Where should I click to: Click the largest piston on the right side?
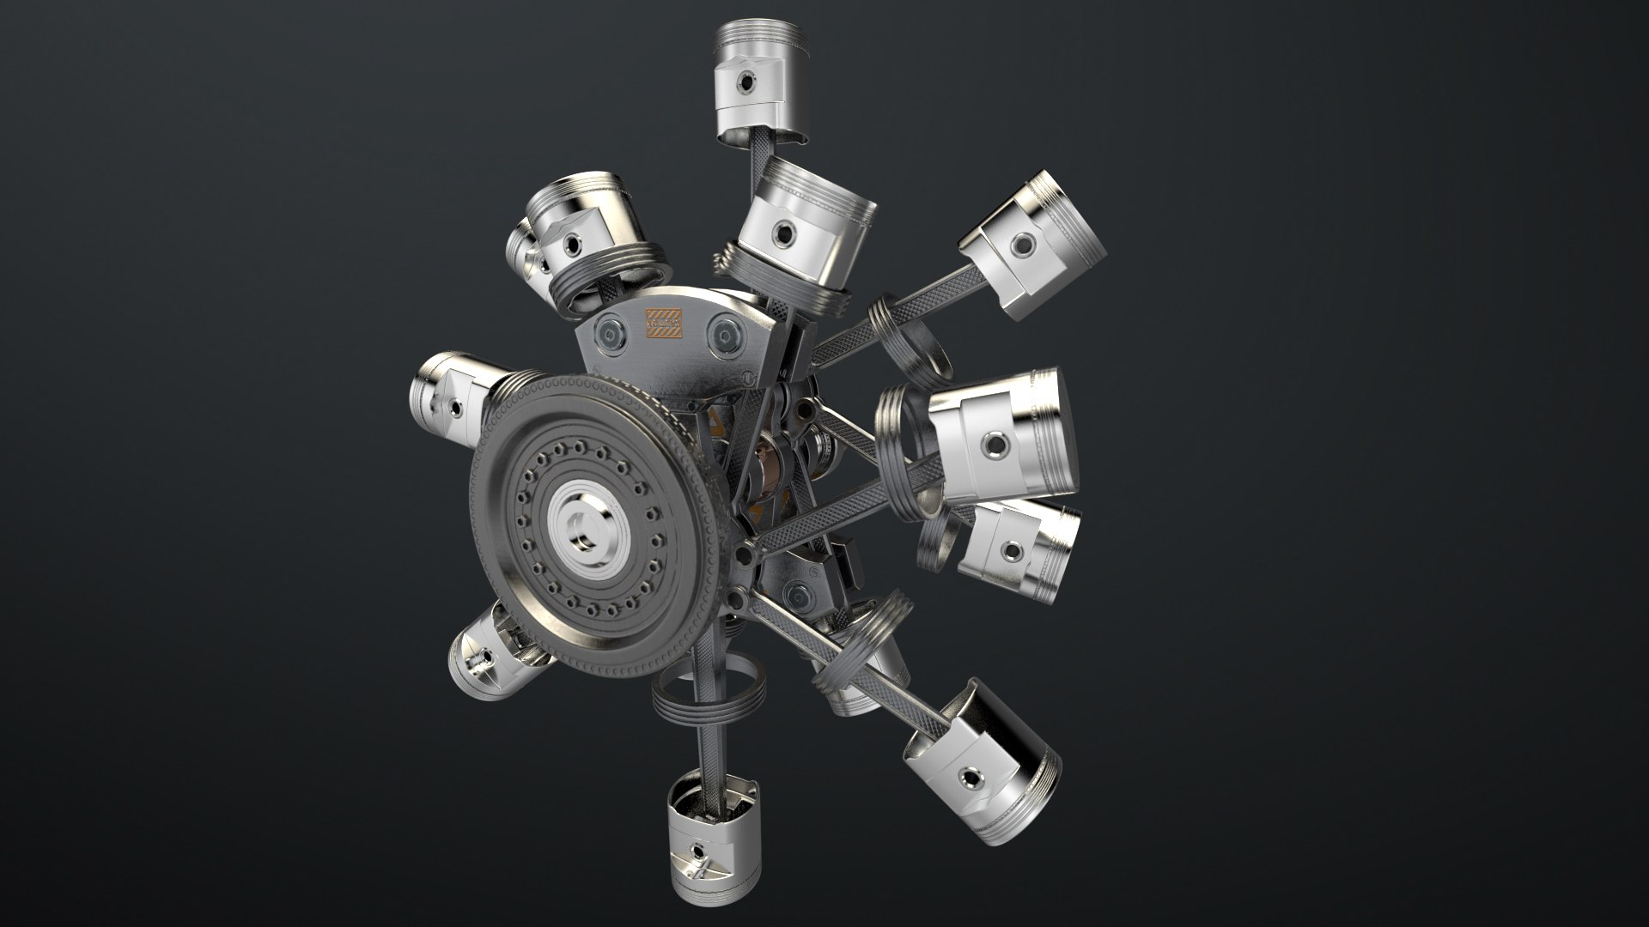1005,438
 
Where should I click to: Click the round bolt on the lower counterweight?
795,592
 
